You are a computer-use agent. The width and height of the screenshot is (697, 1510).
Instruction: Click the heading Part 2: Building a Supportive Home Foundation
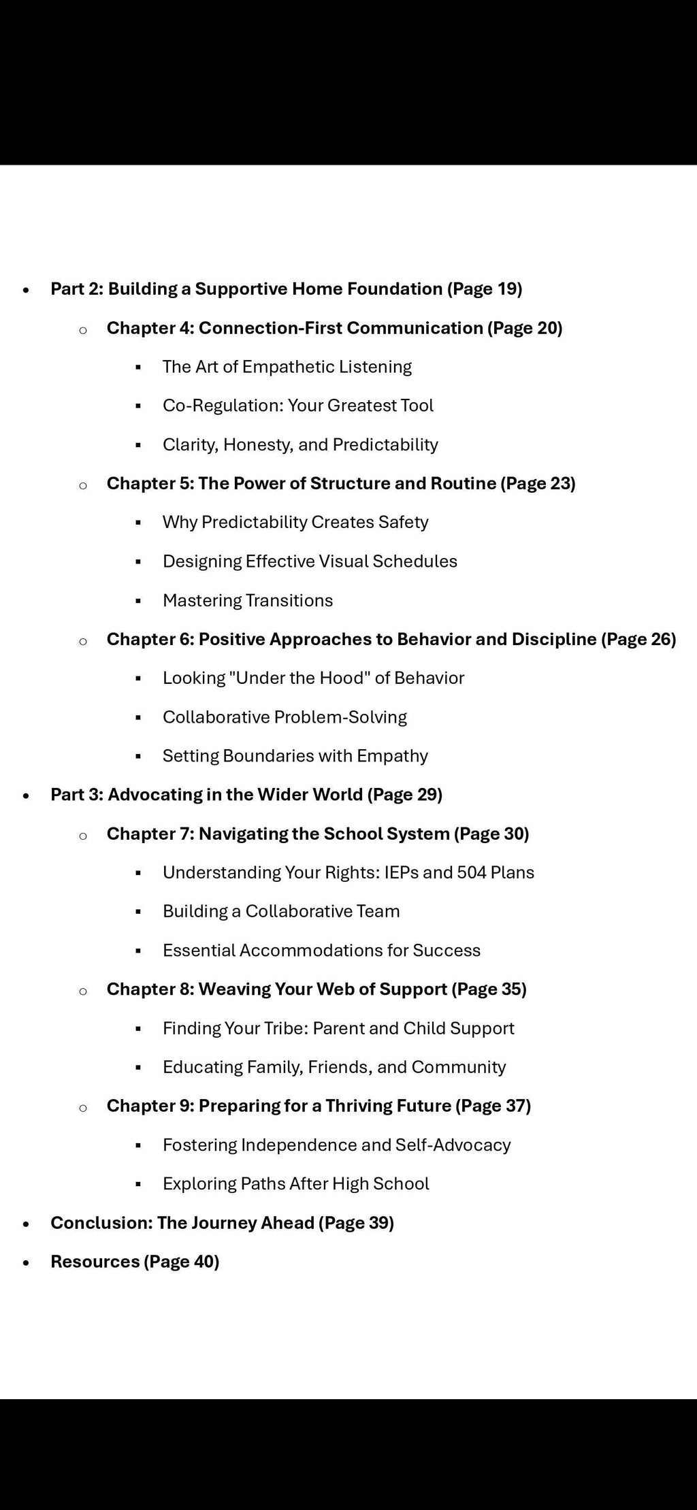[286, 289]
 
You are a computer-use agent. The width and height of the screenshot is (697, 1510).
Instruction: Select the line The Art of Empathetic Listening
[287, 367]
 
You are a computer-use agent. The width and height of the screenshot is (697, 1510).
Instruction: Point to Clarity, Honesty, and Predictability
[300, 445]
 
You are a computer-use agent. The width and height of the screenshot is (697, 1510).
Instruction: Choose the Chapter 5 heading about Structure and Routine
[340, 484]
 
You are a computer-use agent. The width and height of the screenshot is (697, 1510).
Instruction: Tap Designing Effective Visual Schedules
[310, 561]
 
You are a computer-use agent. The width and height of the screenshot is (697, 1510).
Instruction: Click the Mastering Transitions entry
[248, 601]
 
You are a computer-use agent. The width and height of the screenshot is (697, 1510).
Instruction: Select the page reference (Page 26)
[638, 640]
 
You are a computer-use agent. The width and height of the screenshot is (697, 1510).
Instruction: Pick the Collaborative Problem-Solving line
[285, 717]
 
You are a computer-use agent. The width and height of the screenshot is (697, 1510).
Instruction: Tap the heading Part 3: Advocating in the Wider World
[246, 795]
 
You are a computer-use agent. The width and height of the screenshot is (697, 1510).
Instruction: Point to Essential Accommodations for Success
[321, 951]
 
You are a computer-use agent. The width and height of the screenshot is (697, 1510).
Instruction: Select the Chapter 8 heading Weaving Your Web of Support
[317, 989]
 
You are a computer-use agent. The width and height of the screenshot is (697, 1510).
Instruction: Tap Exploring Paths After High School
[295, 1184]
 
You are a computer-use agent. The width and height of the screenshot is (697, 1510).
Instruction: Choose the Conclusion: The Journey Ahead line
[222, 1223]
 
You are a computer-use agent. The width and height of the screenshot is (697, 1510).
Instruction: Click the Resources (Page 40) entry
[135, 1262]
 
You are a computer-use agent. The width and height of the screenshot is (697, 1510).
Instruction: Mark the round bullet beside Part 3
[26, 795]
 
